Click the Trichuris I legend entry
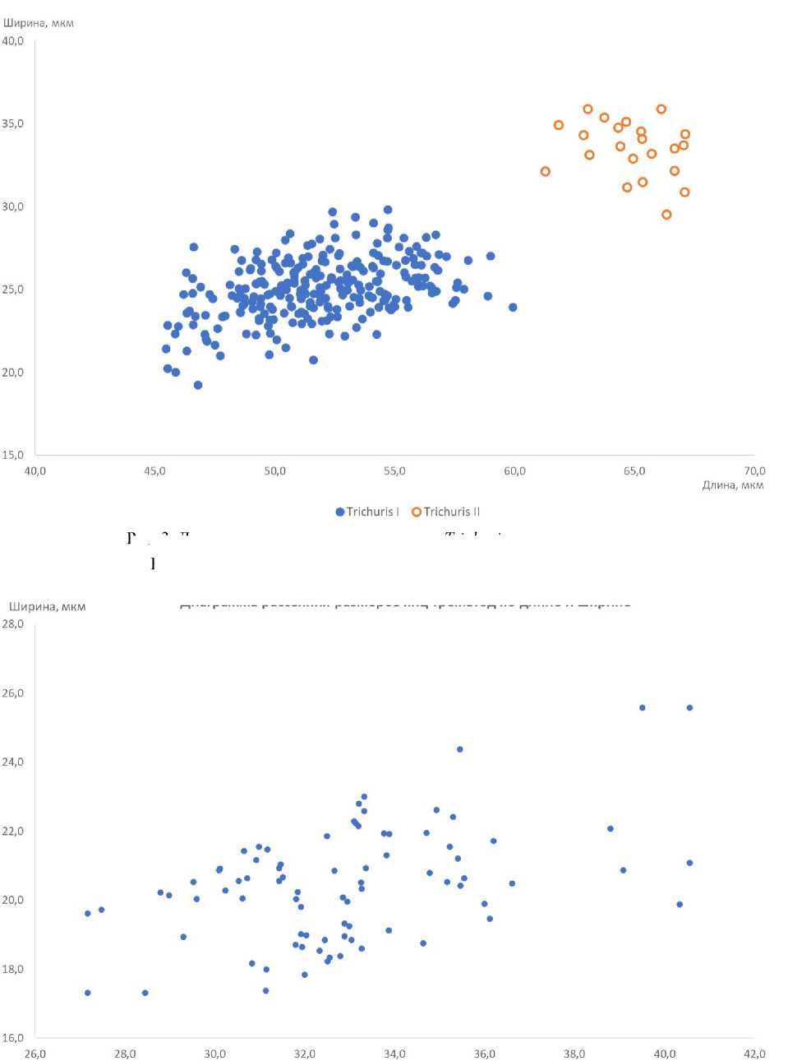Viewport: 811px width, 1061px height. coord(367,512)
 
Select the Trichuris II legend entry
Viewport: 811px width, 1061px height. coord(445,512)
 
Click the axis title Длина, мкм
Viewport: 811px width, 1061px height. coord(732,485)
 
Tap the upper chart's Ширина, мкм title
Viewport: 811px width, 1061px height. coord(38,23)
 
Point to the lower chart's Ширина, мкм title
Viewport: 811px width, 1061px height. coord(47,607)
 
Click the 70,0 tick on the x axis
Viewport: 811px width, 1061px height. coord(753,471)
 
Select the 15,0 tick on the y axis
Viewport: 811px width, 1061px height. coord(13,455)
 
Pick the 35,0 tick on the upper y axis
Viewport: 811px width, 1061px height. coord(13,123)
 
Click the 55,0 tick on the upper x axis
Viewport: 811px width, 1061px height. coord(394,471)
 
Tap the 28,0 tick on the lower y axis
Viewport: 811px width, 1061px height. coord(13,624)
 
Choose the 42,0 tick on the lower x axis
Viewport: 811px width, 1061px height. coord(753,1054)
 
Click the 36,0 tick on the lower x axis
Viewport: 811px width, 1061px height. coord(484,1054)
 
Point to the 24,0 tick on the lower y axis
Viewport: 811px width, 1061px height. coord(13,762)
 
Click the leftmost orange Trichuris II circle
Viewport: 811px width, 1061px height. coord(545,172)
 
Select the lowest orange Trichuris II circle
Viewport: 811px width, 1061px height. coord(666,215)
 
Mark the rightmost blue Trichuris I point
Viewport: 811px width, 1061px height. coord(513,308)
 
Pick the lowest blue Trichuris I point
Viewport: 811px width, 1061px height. coord(198,385)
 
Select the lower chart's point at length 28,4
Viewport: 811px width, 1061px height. coord(145,993)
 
